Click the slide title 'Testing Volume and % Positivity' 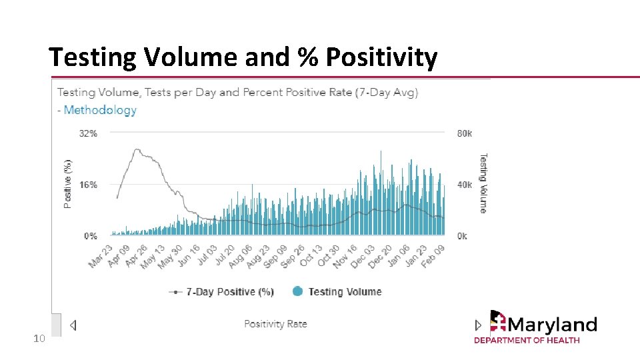point(243,58)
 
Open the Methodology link point(100,110)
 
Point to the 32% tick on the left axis point(88,133)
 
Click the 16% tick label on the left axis point(88,185)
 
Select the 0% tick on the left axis point(90,236)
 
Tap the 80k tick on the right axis point(464,133)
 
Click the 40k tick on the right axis point(464,185)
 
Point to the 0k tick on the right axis point(462,236)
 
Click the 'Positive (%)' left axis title point(67,183)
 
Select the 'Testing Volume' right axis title point(483,183)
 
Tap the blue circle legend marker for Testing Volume point(297,291)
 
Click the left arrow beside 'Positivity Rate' point(73,325)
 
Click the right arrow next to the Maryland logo point(477,325)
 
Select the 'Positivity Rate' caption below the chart point(275,324)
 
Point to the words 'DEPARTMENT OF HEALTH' point(527,340)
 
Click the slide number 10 point(39,339)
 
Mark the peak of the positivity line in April point(137,150)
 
